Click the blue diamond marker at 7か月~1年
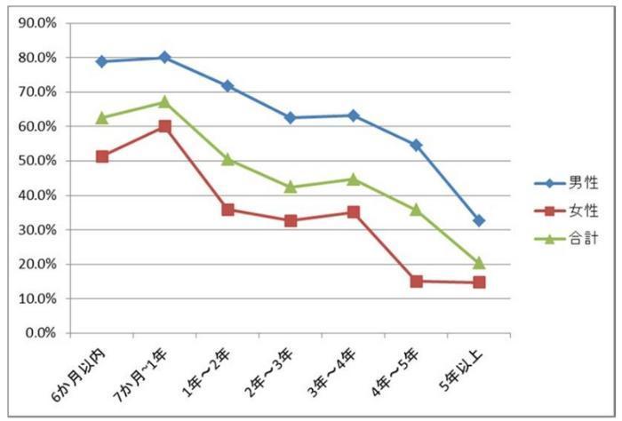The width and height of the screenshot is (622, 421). (x=164, y=57)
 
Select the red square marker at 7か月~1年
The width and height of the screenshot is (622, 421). (x=164, y=126)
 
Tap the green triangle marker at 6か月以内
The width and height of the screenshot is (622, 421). (x=101, y=117)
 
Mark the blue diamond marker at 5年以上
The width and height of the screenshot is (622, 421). (x=479, y=220)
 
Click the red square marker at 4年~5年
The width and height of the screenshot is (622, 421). (x=416, y=282)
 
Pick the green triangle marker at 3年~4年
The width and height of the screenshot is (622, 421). (x=353, y=179)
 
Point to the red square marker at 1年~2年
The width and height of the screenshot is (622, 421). (x=227, y=210)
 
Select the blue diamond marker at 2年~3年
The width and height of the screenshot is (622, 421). (x=291, y=117)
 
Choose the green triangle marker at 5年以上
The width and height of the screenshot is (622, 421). (x=479, y=263)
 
